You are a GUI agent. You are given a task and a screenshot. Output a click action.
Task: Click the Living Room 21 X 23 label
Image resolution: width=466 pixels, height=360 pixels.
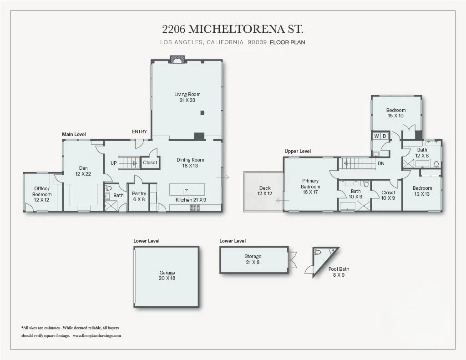tap(187, 97)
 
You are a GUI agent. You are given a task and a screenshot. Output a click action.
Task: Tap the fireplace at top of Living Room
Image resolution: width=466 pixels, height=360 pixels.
tap(177, 58)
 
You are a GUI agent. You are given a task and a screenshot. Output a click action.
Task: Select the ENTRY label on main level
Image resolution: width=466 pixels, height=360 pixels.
tap(139, 132)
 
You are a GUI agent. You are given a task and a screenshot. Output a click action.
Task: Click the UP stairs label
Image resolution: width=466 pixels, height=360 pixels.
tap(113, 162)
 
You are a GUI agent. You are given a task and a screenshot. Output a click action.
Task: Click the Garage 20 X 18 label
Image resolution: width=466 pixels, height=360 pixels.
tap(167, 275)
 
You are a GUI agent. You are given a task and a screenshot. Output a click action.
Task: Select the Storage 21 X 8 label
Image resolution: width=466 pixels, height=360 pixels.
tap(253, 259)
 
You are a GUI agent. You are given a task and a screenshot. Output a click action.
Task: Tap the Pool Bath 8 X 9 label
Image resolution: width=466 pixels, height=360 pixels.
tap(336, 272)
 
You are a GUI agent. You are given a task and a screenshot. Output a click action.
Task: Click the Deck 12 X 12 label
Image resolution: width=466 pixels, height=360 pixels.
tap(265, 191)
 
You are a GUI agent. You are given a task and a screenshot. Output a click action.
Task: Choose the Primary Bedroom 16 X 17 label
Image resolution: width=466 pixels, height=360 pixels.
tap(310, 187)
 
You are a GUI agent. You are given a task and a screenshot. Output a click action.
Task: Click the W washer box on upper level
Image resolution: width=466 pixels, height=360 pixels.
tap(377, 136)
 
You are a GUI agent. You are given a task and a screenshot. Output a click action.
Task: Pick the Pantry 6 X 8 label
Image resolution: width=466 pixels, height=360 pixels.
tap(139, 196)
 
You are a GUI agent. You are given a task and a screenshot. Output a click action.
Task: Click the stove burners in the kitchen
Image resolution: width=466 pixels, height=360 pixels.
tap(195, 208)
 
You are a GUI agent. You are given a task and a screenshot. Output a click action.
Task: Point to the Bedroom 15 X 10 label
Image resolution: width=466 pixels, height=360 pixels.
tap(395, 113)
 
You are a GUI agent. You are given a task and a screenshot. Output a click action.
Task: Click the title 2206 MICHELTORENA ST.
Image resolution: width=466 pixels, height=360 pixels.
tap(233, 29)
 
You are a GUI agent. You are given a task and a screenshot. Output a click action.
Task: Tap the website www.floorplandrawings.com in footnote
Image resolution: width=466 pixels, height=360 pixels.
tap(96, 335)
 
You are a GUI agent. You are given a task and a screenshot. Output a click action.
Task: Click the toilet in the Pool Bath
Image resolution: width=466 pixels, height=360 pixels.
tap(318, 251)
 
